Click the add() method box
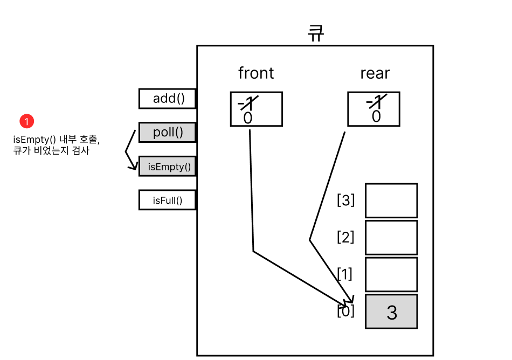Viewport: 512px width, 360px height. coord(167,99)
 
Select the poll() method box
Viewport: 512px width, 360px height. coord(167,133)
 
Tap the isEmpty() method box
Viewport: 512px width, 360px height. coord(167,167)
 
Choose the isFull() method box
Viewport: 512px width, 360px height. coord(167,200)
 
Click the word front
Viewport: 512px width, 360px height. coord(256,73)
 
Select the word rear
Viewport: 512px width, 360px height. coord(375,73)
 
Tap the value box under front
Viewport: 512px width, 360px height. coord(256,109)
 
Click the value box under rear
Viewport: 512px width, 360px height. coord(374,109)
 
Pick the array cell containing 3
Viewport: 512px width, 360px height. coord(391,311)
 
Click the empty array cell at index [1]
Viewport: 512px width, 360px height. coord(391,274)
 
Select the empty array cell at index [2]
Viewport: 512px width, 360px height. coord(391,237)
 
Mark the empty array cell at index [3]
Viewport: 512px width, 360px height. coord(391,200)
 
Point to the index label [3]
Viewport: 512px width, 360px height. coord(345,200)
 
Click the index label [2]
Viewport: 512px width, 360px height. coord(345,237)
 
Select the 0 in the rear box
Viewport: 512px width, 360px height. coord(376,117)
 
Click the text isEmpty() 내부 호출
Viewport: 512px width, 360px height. coord(56,140)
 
